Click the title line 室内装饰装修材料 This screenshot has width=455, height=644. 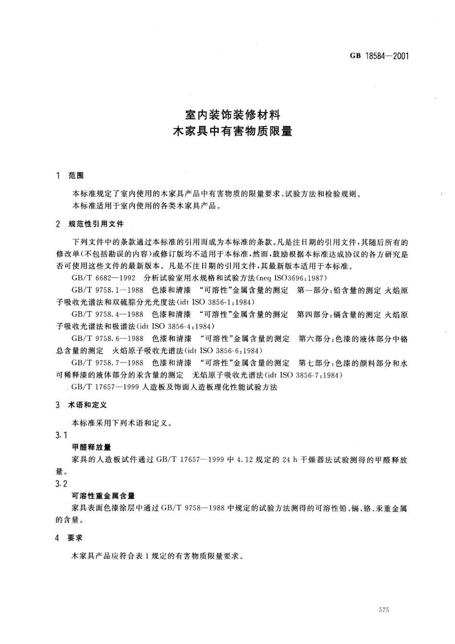point(232,115)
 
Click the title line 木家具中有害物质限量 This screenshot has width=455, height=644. point(232,131)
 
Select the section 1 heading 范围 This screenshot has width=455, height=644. point(76,176)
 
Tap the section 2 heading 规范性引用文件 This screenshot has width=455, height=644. point(96,224)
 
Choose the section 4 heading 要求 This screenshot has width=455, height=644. point(75,538)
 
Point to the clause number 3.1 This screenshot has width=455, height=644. point(61,435)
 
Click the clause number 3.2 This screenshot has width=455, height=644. point(61,483)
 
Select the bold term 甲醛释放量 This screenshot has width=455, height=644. point(91,447)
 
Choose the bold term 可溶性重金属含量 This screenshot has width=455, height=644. point(103,496)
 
